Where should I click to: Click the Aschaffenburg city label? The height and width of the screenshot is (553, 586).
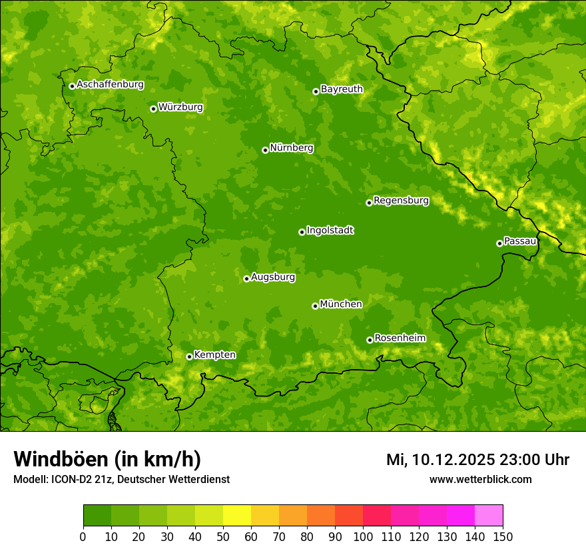(x=110, y=85)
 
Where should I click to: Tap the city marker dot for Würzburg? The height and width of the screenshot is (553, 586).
(x=153, y=109)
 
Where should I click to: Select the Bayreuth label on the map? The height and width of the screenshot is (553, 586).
(x=342, y=89)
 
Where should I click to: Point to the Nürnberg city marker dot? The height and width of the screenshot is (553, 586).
(x=265, y=150)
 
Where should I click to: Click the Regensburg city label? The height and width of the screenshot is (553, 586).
(x=401, y=201)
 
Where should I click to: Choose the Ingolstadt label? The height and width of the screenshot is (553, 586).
(x=330, y=231)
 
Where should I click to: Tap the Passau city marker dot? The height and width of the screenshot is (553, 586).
(x=499, y=243)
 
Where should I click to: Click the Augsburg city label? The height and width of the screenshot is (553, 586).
(x=273, y=277)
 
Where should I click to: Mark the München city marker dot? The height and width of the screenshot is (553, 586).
(x=315, y=306)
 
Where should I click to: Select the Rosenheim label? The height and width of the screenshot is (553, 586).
(x=400, y=338)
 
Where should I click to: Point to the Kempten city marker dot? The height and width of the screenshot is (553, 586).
(x=189, y=356)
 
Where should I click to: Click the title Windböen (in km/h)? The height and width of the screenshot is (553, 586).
(x=107, y=459)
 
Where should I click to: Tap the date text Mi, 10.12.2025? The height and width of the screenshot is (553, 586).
(x=440, y=460)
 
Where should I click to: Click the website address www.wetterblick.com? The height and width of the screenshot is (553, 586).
(x=480, y=479)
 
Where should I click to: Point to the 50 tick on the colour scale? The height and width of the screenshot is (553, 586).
(x=223, y=536)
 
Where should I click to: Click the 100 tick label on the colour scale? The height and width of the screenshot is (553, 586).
(x=363, y=536)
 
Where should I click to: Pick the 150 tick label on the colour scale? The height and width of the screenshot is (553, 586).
(x=503, y=536)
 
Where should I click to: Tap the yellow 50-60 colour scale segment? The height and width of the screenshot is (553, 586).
(x=237, y=516)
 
